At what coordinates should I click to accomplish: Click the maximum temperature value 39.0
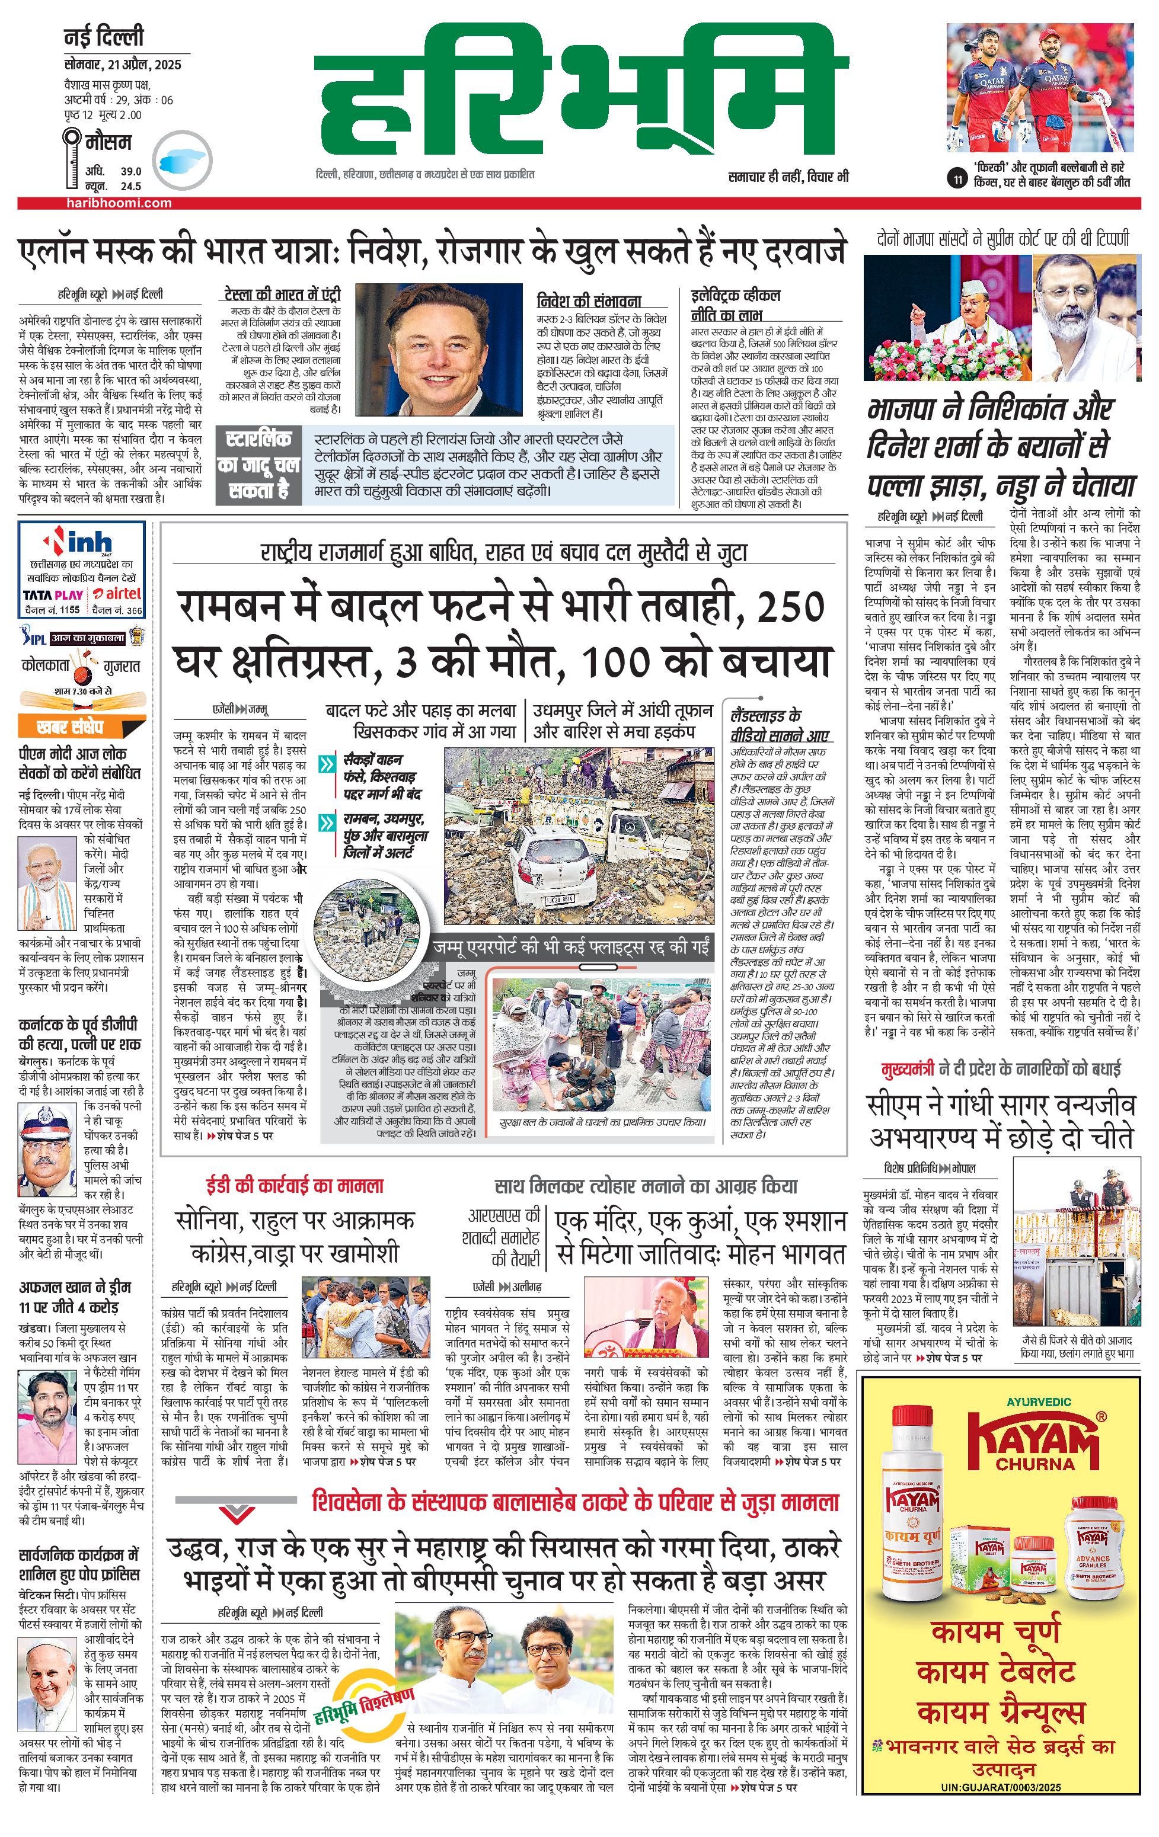point(130,171)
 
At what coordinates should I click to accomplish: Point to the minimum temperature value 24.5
point(130,185)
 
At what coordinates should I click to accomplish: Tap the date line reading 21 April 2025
point(122,64)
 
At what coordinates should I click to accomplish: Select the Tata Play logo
point(53,594)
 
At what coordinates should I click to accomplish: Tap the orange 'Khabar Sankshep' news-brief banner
point(70,727)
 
